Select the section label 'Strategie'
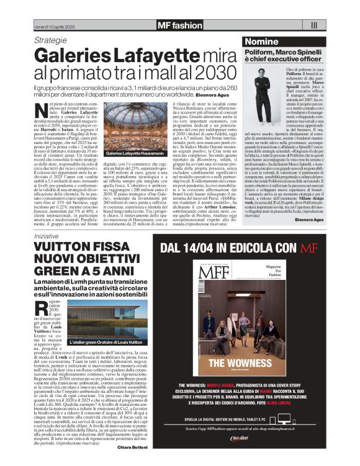tap(49, 40)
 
